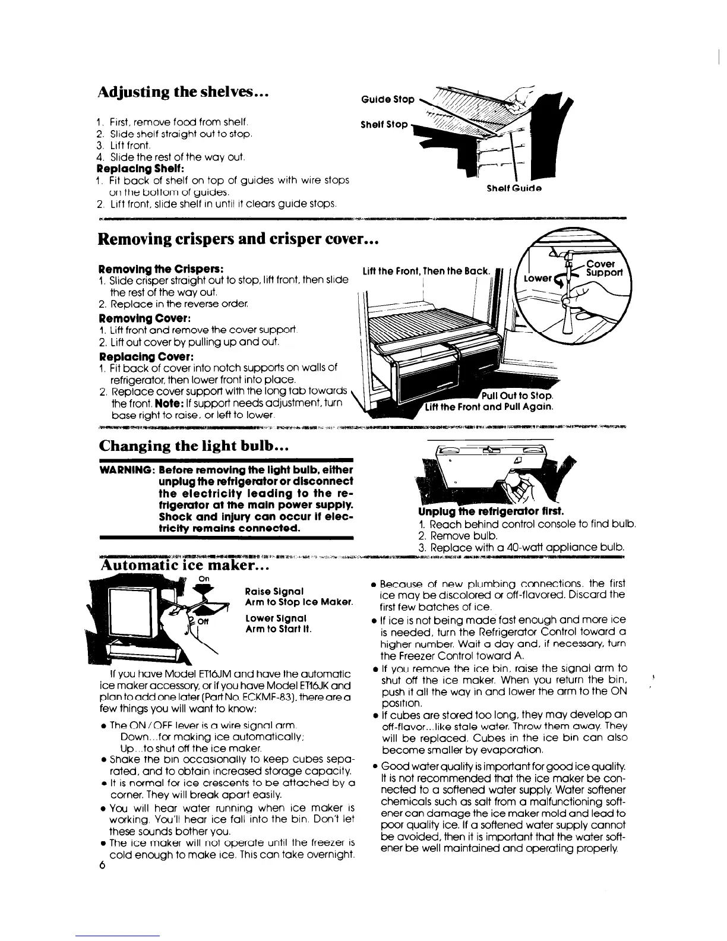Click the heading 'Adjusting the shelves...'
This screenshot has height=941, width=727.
[x=170, y=94]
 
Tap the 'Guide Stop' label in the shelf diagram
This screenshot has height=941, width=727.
[x=387, y=99]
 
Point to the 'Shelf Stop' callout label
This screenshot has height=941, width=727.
[x=384, y=125]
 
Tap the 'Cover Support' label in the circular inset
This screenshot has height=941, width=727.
[x=603, y=269]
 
